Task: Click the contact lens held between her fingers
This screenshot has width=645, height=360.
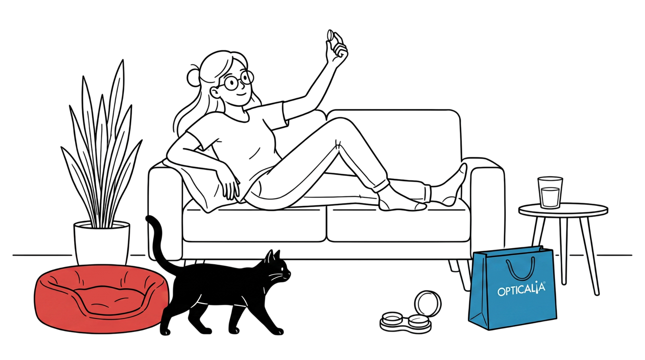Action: tap(330, 35)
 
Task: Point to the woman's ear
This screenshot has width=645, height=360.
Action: tap(215, 93)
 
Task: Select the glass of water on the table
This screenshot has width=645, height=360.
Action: tap(550, 192)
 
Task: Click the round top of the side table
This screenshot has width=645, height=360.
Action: tap(563, 210)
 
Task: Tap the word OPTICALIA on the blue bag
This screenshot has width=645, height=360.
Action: tap(522, 289)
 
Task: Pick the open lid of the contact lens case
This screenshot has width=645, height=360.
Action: tap(428, 304)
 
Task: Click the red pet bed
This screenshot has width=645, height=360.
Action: tap(101, 300)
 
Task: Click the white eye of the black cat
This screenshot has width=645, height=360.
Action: tap(283, 268)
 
